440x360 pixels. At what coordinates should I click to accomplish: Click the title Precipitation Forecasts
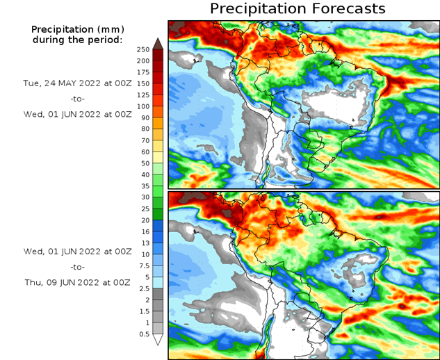pos(298,9)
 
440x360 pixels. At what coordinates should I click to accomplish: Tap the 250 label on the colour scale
pos(142,49)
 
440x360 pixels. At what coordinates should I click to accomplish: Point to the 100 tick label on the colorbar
pos(142,106)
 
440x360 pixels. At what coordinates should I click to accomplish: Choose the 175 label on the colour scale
pos(142,72)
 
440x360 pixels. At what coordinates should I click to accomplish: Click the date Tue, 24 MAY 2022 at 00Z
pos(77,82)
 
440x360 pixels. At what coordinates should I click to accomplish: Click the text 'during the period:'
pos(77,40)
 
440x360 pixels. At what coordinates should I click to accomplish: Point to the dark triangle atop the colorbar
pos(158,44)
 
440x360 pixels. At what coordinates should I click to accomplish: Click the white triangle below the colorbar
pos(158,340)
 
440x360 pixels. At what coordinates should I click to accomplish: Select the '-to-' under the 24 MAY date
pos(77,99)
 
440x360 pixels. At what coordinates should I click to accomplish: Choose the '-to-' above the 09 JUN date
pos(77,266)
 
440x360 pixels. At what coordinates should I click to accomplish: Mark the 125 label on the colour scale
pos(142,95)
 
